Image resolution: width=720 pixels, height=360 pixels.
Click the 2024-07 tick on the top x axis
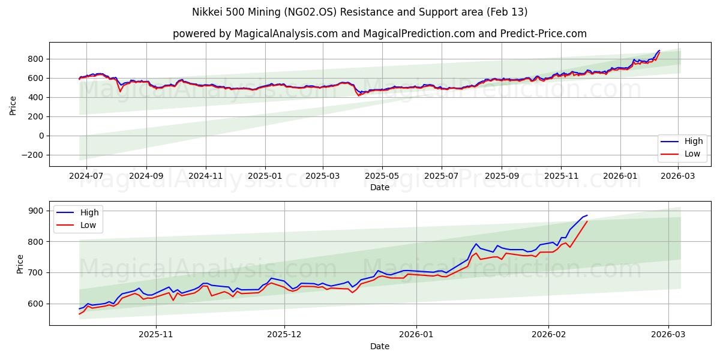pyautogui.click(x=86, y=176)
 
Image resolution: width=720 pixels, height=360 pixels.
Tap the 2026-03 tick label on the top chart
pyautogui.click(x=678, y=176)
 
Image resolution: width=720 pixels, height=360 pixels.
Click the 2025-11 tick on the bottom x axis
pyautogui.click(x=156, y=335)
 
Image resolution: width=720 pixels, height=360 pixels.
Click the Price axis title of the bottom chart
pyautogui.click(x=20, y=263)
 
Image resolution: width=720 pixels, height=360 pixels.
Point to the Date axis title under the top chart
pyautogui.click(x=379, y=187)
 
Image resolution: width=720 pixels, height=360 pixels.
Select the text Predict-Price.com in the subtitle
pyautogui.click(x=542, y=34)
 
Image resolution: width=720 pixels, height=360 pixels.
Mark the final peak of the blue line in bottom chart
pyautogui.click(x=587, y=215)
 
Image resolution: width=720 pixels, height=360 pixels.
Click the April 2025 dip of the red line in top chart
pyautogui.click(x=359, y=95)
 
